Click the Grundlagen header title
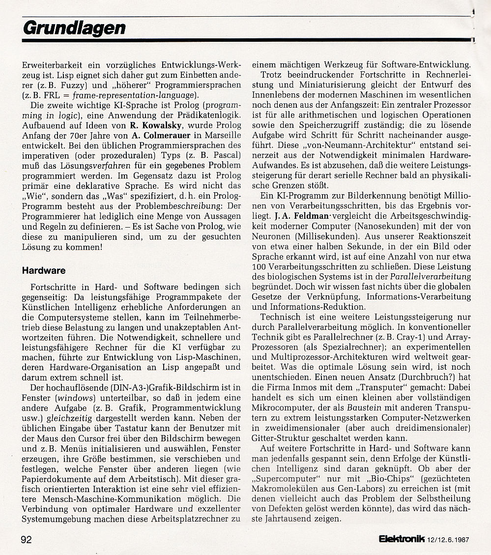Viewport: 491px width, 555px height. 74,28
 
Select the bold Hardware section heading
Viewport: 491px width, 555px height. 44,270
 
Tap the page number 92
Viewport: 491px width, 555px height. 27,539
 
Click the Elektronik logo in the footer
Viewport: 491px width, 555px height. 402,539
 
